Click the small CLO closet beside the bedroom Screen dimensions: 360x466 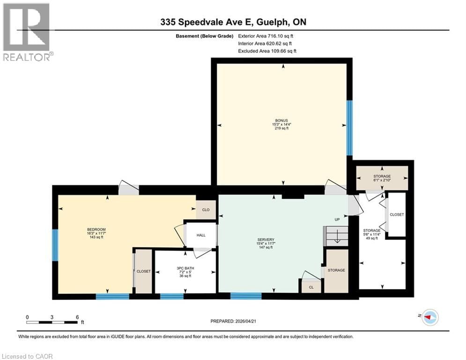pos(206,210)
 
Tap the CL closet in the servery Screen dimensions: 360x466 pos(310,287)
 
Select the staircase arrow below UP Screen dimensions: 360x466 pos(336,239)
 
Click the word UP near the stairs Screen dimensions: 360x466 pos(337,219)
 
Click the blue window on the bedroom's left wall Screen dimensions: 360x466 pos(55,246)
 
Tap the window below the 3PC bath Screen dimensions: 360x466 pos(172,296)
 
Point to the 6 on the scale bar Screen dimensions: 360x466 pos(77,317)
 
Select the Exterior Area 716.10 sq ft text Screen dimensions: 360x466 pos(266,36)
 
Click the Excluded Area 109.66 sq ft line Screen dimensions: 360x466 pos(267,51)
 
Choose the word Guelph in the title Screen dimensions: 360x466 pos(265,22)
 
